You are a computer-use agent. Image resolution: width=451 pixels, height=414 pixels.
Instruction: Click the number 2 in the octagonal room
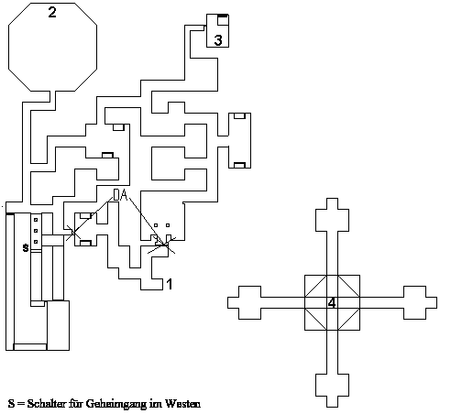pos(52,12)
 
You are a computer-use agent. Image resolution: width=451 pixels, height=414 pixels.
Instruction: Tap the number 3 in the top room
pos(218,40)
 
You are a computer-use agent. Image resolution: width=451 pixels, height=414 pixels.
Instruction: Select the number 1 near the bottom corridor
pos(170,284)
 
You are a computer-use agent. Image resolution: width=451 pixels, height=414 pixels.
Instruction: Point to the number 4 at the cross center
pos(332,303)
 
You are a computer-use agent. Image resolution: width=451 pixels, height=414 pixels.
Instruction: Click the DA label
pos(120,195)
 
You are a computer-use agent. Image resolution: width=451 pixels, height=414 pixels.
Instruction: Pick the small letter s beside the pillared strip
pos(26,248)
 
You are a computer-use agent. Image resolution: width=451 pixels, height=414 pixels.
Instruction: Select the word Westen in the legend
pos(182,404)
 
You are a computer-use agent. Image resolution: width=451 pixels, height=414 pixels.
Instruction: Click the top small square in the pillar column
pos(36,220)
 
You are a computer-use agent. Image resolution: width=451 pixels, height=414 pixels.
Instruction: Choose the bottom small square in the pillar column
pos(36,242)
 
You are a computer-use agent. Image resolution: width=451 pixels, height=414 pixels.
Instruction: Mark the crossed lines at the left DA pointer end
pos(73,233)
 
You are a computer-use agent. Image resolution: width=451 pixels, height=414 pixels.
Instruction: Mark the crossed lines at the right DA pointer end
pos(166,245)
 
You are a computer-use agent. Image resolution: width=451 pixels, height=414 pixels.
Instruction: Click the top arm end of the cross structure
pos(332,199)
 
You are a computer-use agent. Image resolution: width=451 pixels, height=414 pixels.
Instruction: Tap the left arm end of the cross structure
pos(227,302)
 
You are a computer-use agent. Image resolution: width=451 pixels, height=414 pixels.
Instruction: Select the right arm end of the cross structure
pos(436,302)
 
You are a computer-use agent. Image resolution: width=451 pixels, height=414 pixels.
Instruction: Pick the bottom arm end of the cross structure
pos(332,407)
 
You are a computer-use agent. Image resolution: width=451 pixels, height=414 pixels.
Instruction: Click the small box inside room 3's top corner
pos(223,20)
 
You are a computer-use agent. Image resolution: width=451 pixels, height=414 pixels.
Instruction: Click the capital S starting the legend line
pos(11,404)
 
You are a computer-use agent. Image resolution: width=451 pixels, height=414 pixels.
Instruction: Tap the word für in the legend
pos(76,404)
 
